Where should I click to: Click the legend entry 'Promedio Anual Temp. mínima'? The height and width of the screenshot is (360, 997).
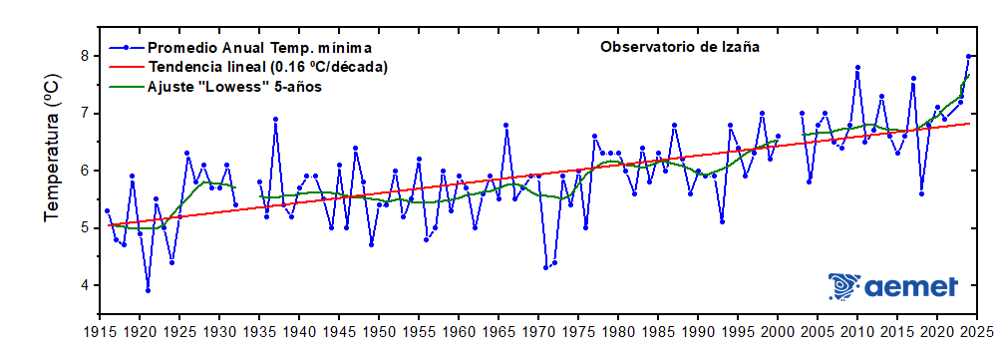click(259, 47)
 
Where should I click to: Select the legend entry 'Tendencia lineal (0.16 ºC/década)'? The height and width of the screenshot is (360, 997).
click(267, 67)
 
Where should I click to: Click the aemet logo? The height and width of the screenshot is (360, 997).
click(893, 286)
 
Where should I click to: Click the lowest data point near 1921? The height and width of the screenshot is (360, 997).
click(148, 291)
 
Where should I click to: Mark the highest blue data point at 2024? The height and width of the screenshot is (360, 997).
click(968, 56)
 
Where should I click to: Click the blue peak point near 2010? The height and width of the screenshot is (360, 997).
click(857, 68)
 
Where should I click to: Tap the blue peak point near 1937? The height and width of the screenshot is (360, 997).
click(275, 119)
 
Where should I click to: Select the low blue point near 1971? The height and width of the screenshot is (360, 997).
click(546, 267)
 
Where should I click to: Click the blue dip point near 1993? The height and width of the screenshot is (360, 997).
click(722, 221)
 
